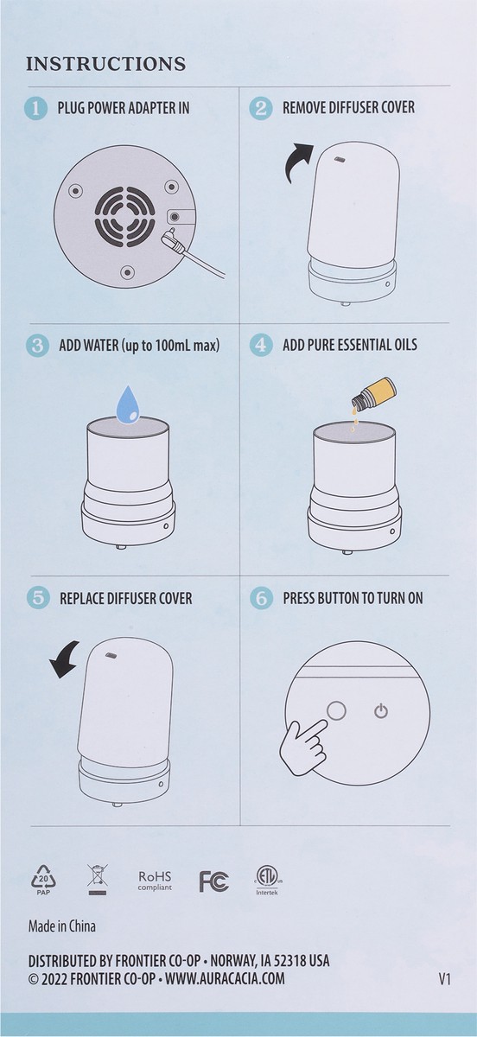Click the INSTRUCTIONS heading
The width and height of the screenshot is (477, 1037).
point(106,64)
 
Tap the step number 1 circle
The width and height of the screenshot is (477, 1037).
point(35,108)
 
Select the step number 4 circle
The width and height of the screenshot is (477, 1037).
point(260,345)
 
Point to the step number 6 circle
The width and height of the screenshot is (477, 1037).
point(260,598)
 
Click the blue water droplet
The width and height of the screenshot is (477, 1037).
point(129,404)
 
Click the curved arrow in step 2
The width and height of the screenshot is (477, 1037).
point(301,162)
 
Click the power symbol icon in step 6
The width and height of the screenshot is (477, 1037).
point(381,711)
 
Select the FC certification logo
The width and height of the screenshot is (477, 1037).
point(213,881)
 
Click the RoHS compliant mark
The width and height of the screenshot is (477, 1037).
point(155,880)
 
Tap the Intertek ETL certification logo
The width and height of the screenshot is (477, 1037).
point(268,878)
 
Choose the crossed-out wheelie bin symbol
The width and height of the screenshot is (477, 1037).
point(97,880)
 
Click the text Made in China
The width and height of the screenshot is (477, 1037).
point(62,926)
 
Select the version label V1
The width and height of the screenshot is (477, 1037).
point(444,980)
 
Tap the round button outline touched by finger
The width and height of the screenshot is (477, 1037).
point(335,709)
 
